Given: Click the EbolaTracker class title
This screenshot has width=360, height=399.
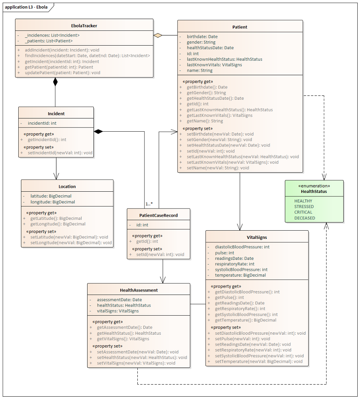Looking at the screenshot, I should pos(84,26).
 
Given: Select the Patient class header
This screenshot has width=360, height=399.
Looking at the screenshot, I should pos(240,27).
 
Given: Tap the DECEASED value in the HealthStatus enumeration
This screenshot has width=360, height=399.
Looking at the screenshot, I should pos(304,218).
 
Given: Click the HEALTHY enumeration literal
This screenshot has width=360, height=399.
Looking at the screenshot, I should pos(303,201).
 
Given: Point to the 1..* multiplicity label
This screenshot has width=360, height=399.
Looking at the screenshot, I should pos(149,204).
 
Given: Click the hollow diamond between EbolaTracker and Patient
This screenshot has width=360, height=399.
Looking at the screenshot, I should pos(158,35).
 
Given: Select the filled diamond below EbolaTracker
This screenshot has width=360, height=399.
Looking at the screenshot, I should pos(55,82).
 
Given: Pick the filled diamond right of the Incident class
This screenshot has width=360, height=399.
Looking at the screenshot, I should pos(98,132).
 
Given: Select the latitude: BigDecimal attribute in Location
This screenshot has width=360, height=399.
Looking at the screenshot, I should pos(51,196).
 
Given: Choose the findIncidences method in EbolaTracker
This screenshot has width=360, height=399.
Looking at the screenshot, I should pos(87,56).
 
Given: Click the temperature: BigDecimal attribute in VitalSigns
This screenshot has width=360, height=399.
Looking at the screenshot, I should pos(240,275).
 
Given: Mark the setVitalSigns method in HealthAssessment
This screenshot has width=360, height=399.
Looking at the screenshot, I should pos(136,363).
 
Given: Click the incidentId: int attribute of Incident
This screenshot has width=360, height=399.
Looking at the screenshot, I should pos(42,123).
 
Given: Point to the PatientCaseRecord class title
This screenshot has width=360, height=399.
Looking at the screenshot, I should pos(158,215).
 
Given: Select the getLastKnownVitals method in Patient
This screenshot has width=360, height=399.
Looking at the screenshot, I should pos(220,115).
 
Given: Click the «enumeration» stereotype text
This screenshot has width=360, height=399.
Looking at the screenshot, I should pos(314,186).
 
